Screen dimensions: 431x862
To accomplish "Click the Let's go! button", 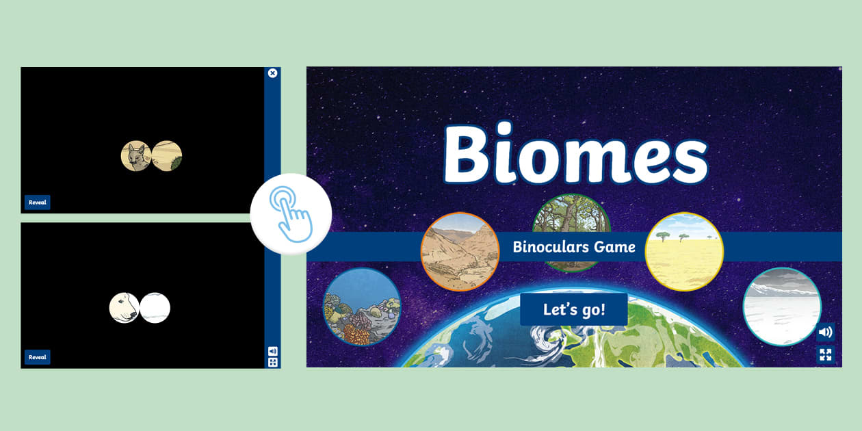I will (x=573, y=309).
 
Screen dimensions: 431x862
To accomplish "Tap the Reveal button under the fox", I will (x=38, y=203).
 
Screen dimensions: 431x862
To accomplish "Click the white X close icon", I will (x=273, y=73).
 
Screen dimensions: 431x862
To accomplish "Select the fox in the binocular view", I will (x=135, y=156).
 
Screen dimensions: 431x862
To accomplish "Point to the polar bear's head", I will (x=125, y=307).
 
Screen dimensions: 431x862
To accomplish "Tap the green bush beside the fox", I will (x=176, y=162).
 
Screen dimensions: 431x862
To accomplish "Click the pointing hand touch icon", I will (x=291, y=214).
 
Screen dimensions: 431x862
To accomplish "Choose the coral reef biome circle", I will (x=362, y=306).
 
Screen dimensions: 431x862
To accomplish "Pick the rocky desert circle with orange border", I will (x=460, y=251).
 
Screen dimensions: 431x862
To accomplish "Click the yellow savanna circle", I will (x=684, y=251).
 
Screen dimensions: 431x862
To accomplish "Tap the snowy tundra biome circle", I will (x=781, y=306).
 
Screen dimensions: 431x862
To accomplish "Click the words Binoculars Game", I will (x=574, y=247).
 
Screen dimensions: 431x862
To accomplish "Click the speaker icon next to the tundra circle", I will (x=826, y=332).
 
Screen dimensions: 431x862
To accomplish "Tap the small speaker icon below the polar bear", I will (x=273, y=351).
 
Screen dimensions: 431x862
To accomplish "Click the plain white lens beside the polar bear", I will (x=155, y=308).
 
